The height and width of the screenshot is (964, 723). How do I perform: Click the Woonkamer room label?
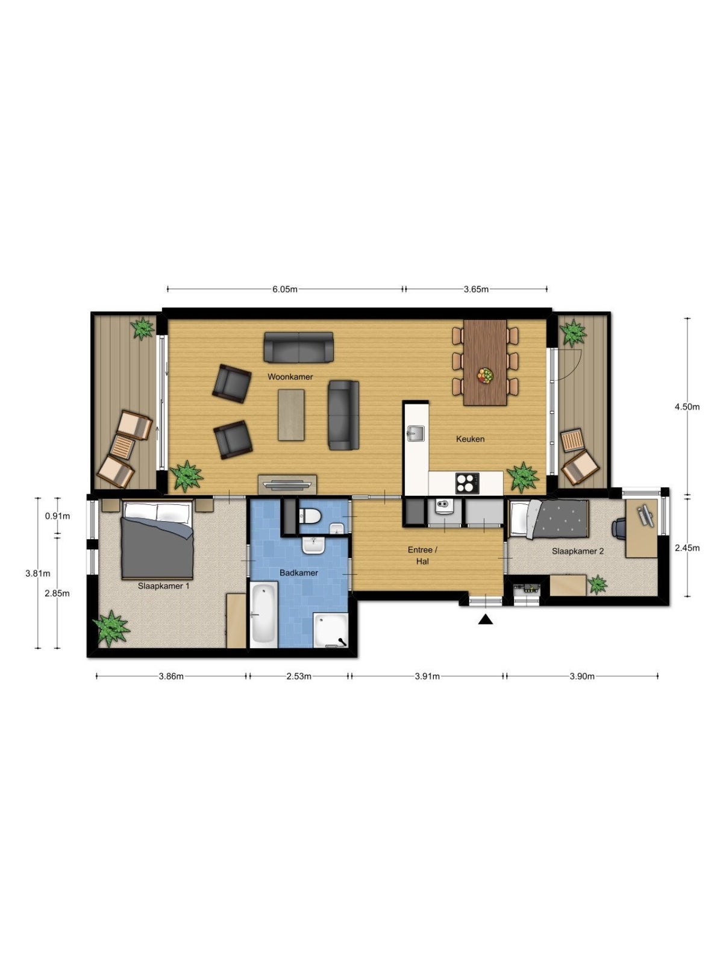[x=290, y=377]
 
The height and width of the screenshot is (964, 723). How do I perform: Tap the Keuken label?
[x=470, y=439]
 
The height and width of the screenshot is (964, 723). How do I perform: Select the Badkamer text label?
[x=299, y=573]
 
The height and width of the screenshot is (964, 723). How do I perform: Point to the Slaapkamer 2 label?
[x=578, y=551]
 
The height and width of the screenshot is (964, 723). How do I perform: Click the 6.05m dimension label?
[x=284, y=289]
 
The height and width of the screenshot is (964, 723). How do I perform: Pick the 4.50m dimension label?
[x=687, y=407]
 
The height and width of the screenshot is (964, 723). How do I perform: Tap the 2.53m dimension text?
[x=299, y=676]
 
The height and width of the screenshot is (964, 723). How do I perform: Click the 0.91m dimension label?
[x=57, y=516]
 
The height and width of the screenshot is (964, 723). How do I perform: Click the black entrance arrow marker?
[x=486, y=620]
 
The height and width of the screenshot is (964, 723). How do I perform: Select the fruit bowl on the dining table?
[x=485, y=375]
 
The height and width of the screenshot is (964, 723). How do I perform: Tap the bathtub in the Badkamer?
[x=263, y=614]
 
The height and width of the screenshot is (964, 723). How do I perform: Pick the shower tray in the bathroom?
[x=331, y=630]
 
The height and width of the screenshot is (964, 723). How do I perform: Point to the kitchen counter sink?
[x=415, y=433]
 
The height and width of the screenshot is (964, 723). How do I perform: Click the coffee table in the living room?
[x=292, y=415]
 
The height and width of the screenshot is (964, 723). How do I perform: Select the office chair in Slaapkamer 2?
[x=619, y=528]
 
